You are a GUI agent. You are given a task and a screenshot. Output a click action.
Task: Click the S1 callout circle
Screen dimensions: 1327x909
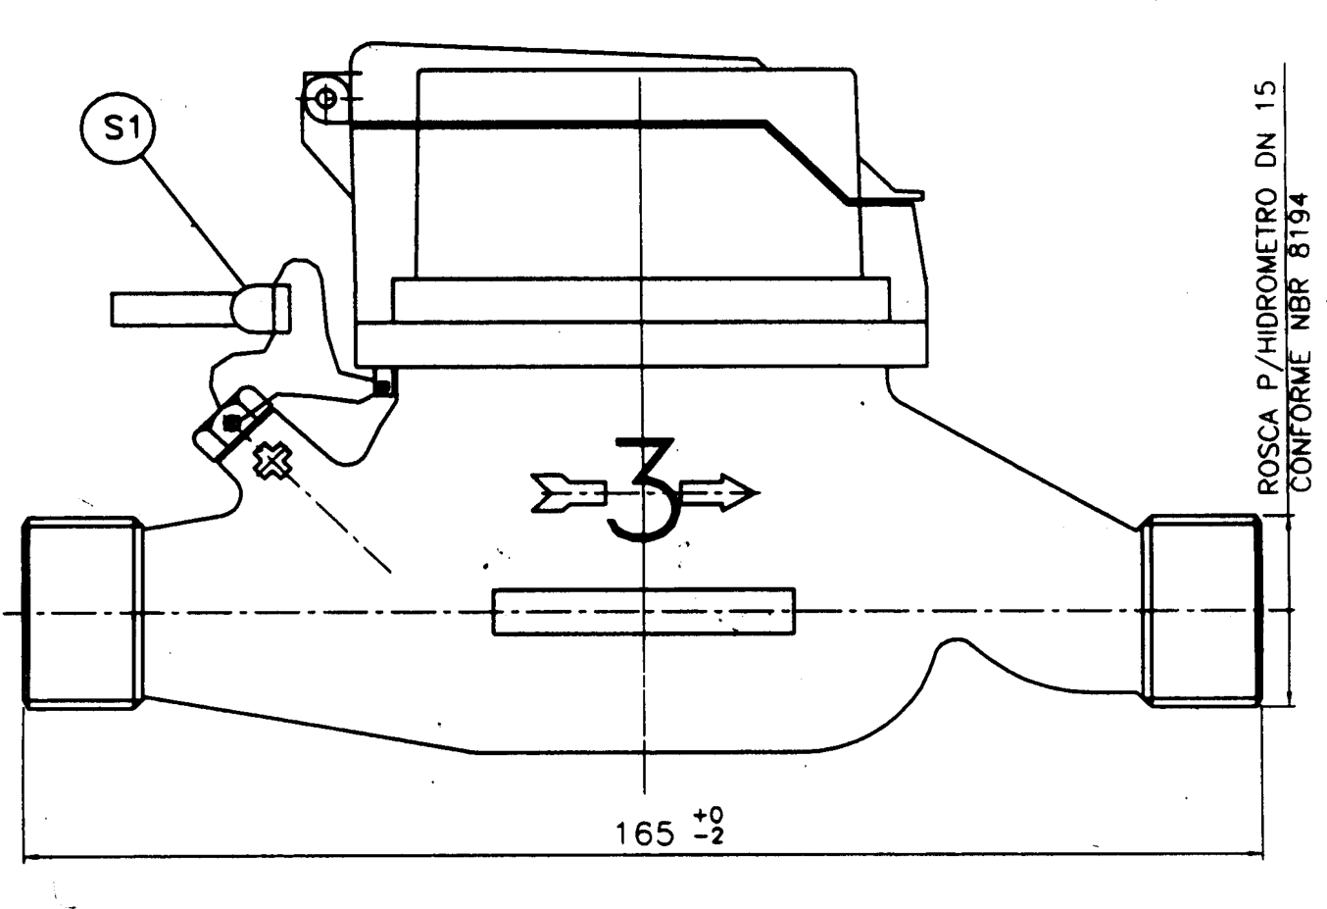[118, 128]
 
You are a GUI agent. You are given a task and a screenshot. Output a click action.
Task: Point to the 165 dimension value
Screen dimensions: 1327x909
[645, 834]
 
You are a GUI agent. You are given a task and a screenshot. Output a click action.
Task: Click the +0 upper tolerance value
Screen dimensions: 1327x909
[709, 816]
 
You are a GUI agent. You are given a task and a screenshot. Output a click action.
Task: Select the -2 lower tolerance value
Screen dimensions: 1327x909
[709, 836]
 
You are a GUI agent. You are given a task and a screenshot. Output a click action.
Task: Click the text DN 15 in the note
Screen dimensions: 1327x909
[1268, 126]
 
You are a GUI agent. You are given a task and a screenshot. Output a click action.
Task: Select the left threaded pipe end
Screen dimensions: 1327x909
[82, 612]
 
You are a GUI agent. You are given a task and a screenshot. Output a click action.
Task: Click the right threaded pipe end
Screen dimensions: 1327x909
[1202, 610]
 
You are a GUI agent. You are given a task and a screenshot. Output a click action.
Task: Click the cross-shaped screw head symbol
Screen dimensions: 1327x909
[272, 460]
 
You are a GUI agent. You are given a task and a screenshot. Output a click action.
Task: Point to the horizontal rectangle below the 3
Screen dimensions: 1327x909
[643, 612]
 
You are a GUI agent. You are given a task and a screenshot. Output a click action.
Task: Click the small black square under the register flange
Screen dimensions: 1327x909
[383, 387]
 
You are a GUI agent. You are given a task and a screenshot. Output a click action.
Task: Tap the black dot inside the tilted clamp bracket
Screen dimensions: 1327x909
[232, 423]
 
